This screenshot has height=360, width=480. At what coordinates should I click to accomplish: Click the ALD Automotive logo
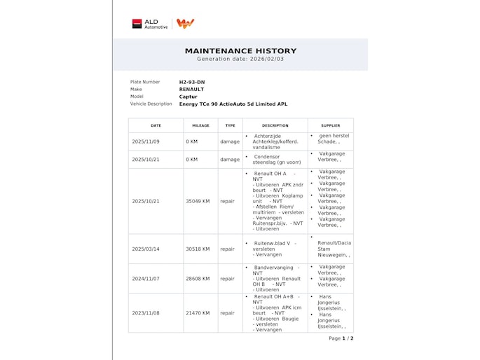[x=151, y=24]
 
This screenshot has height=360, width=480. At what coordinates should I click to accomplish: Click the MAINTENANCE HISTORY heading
[x=240, y=51]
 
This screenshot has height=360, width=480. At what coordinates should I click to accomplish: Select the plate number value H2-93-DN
[x=192, y=82]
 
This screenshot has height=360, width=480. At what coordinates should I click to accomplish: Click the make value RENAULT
[x=191, y=89]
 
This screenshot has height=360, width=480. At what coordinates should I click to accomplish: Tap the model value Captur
[x=188, y=97]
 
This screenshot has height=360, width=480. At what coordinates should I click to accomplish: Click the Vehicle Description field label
[x=151, y=104]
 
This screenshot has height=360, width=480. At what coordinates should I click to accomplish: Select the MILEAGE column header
[x=200, y=125]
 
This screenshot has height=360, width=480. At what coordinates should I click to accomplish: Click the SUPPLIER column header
[x=330, y=125]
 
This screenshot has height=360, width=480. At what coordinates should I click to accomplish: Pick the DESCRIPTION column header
[x=275, y=125]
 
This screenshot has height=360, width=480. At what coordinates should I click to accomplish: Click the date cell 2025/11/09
[x=146, y=141]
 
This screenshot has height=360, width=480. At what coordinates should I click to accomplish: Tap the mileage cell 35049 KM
[x=198, y=201]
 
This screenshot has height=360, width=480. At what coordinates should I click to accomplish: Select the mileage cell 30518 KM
[x=198, y=249]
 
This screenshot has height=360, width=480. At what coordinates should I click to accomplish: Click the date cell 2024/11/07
[x=146, y=278]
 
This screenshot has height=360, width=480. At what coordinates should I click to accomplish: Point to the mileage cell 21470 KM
[x=198, y=312]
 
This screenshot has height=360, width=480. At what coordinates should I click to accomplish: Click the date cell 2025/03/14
[x=146, y=249]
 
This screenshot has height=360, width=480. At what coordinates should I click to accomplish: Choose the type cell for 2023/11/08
[x=227, y=312]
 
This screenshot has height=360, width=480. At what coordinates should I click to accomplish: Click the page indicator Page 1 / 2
[x=341, y=338]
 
